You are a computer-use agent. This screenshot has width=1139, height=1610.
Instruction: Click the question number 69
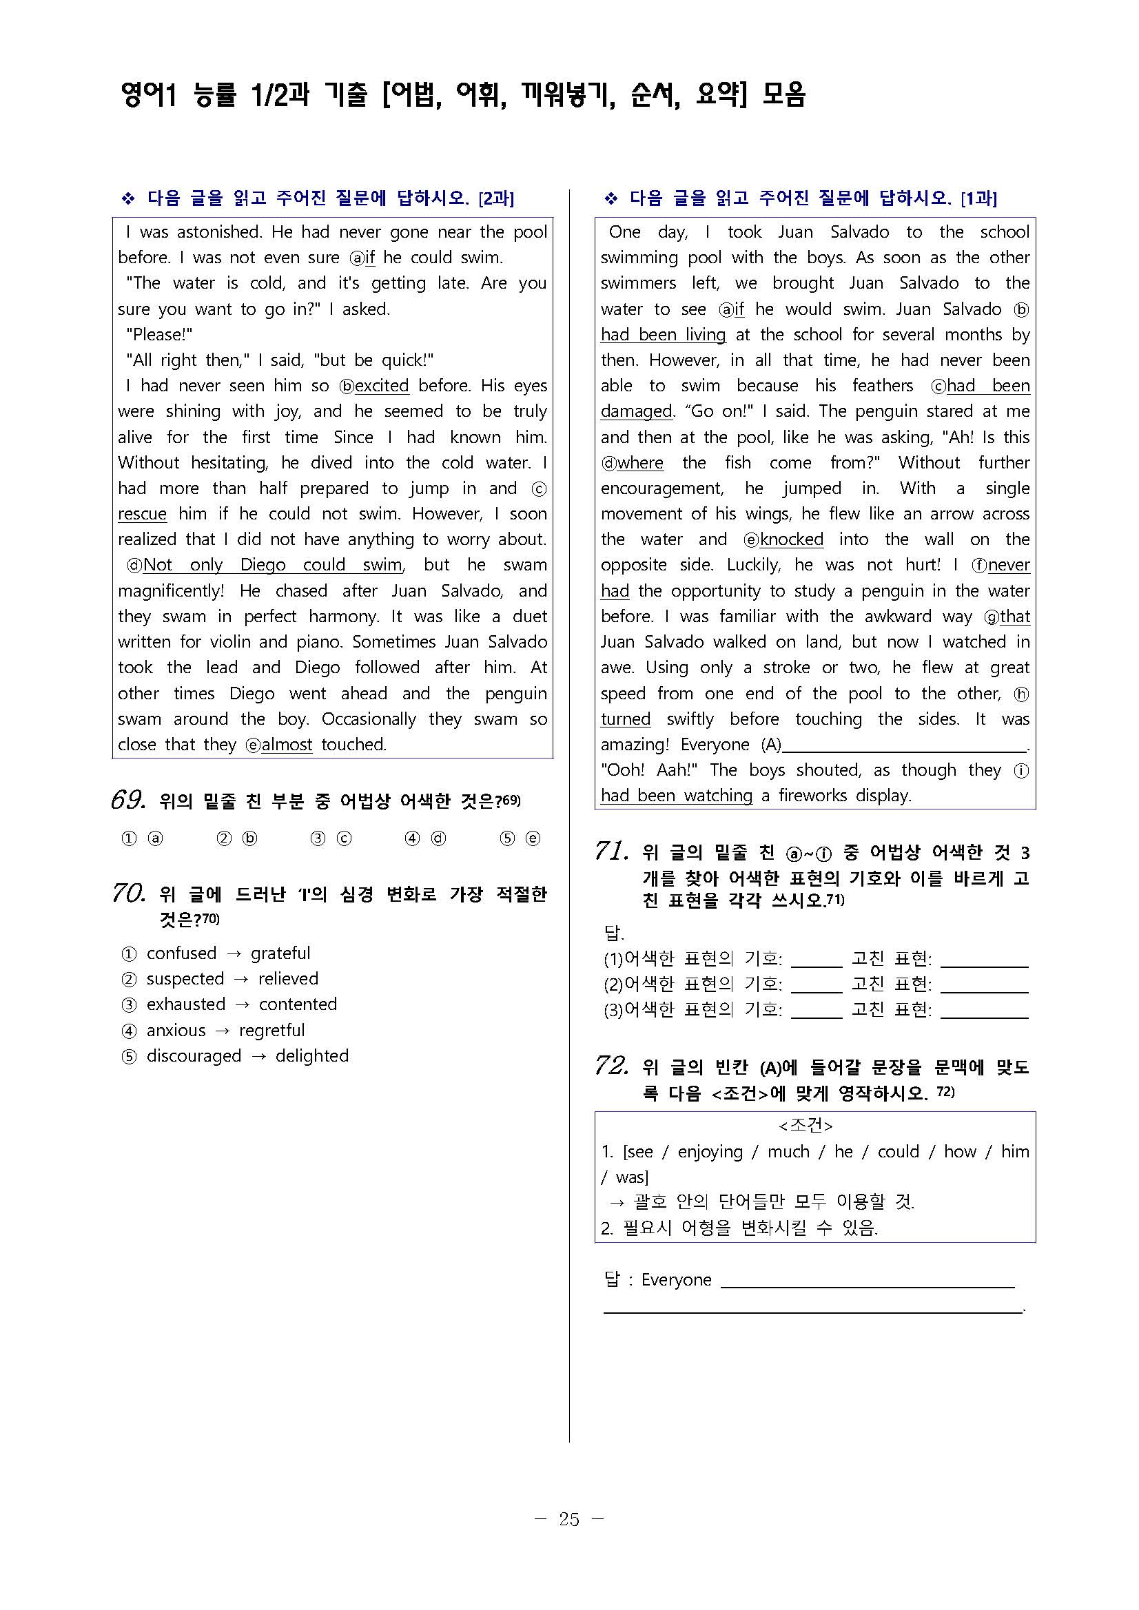[128, 799]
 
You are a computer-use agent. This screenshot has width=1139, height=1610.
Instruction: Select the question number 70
[128, 893]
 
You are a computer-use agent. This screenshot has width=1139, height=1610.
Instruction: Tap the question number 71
[611, 852]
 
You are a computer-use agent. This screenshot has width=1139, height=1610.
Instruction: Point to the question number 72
[611, 1066]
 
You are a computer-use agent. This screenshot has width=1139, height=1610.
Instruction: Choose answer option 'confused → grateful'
[227, 953]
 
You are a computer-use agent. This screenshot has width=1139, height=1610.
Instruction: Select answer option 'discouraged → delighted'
[247, 1055]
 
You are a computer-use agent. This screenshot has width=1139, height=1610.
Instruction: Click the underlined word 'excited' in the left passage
[382, 386]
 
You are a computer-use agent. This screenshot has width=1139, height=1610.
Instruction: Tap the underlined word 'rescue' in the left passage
[143, 514]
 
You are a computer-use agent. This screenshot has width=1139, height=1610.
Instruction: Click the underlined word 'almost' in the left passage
[287, 745]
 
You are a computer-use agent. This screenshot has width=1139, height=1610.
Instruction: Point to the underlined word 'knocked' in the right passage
[792, 539]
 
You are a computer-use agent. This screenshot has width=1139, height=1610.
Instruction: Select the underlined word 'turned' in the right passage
[626, 719]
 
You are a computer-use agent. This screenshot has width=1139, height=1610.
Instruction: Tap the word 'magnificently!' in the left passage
[170, 590]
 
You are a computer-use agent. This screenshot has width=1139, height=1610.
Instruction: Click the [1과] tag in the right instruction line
[978, 199]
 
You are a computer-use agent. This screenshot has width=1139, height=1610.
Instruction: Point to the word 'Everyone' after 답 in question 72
[676, 1280]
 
